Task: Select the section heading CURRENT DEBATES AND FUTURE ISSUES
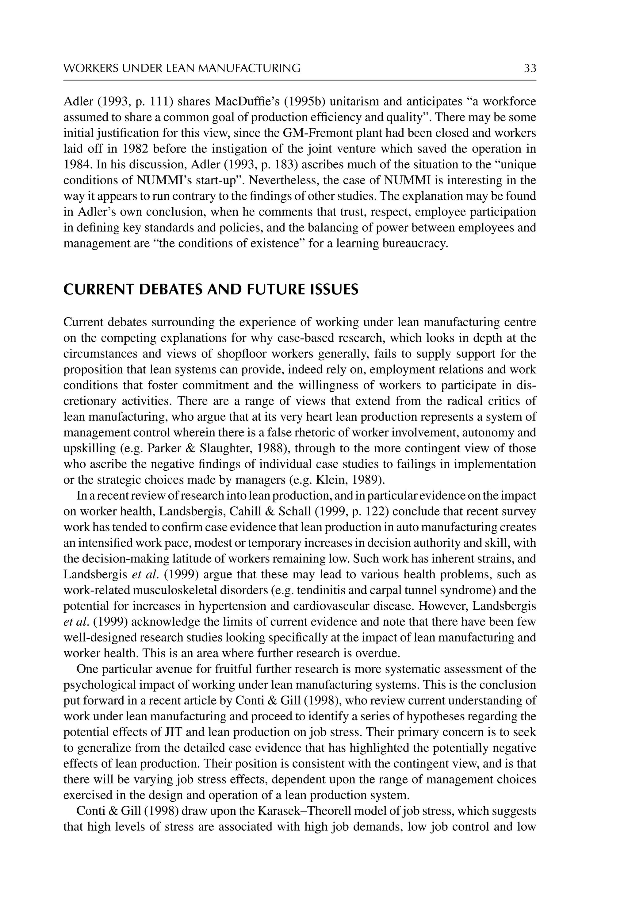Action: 211,289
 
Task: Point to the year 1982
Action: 135,149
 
